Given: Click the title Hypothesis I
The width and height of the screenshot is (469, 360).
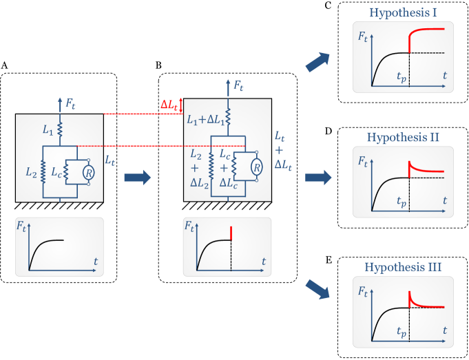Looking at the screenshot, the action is [x=403, y=12].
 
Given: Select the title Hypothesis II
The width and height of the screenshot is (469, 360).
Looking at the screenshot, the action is [x=403, y=137].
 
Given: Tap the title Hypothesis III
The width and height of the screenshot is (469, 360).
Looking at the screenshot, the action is [x=403, y=267].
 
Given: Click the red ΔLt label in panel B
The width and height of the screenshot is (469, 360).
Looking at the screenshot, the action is [x=169, y=105].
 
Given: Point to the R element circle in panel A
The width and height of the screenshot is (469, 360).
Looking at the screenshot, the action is [x=89, y=173].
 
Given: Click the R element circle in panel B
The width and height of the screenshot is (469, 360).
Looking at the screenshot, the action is [x=257, y=167].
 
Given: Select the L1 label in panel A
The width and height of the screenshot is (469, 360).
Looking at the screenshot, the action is [x=48, y=130].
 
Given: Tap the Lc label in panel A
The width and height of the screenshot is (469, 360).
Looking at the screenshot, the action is [x=56, y=173].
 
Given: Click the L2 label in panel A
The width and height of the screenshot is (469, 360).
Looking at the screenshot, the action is [x=31, y=172].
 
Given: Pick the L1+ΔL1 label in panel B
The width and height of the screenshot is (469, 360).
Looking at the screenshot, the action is [x=206, y=120].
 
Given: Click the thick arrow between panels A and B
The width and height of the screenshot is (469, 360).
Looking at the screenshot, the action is [x=137, y=178].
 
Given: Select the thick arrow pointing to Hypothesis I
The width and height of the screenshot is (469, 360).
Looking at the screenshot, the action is [x=318, y=62].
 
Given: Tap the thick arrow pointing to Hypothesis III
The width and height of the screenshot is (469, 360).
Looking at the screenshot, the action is [x=318, y=289].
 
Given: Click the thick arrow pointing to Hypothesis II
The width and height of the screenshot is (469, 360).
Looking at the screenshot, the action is [x=318, y=178].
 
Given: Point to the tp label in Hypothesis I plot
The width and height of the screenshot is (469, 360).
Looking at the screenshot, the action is [x=402, y=78].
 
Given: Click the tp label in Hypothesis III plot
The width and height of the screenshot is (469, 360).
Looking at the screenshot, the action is [x=402, y=332].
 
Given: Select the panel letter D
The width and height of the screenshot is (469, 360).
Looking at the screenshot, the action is [x=328, y=131].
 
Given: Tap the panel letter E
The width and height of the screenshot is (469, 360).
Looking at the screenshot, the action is [x=328, y=260].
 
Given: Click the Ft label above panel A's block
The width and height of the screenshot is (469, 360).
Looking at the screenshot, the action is [x=70, y=105].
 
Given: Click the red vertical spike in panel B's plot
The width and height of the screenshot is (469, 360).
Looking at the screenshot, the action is [x=231, y=233].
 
